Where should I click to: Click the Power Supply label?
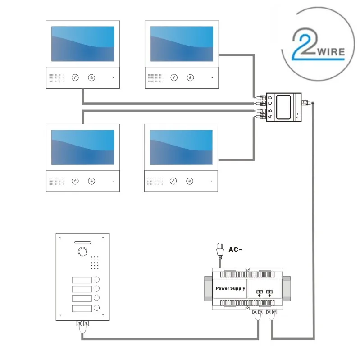[x=230, y=288]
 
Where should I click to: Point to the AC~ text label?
[x=236, y=249]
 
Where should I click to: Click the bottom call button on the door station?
[x=96, y=308]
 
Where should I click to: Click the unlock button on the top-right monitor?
[x=191, y=77]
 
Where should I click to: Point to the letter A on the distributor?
[x=270, y=117]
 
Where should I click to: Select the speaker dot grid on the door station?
[x=95, y=261]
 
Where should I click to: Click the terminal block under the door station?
[x=82, y=323]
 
